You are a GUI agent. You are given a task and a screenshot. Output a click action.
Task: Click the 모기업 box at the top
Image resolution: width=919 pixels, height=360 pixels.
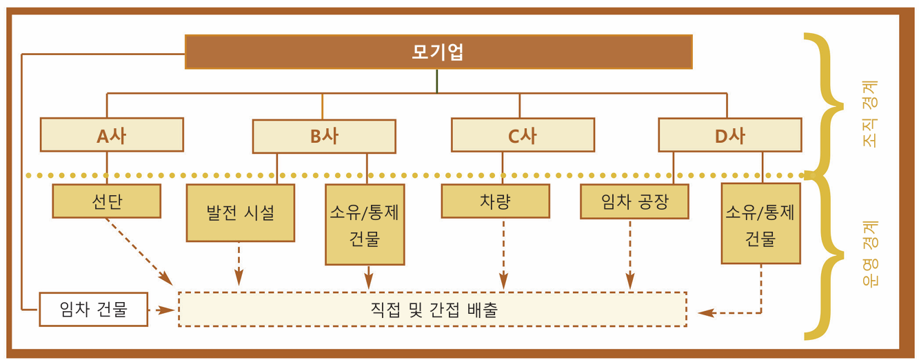(438, 52)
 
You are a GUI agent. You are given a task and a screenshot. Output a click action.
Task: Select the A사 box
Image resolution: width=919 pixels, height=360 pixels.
(112, 134)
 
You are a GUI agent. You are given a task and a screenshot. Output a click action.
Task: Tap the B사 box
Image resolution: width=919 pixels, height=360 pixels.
(324, 136)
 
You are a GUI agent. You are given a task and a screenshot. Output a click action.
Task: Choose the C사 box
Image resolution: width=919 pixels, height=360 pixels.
(523, 134)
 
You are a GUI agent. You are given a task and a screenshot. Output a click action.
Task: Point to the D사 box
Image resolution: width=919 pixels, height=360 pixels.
(730, 135)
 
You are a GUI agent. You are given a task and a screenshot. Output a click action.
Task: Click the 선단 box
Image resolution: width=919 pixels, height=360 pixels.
(107, 201)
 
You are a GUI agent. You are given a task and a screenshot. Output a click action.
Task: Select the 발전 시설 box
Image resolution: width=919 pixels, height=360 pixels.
(241, 212)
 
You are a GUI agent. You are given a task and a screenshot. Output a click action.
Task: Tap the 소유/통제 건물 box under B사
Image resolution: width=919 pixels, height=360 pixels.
(365, 225)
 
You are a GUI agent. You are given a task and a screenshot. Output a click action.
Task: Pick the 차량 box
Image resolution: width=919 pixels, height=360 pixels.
(496, 201)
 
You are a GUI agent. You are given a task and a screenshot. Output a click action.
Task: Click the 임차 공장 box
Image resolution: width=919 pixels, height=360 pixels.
(634, 201)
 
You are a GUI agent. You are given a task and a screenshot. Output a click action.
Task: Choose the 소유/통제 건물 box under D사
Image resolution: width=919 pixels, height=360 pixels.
(761, 223)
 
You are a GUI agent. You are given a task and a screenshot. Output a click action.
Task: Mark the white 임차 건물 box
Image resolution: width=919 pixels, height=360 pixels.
(94, 310)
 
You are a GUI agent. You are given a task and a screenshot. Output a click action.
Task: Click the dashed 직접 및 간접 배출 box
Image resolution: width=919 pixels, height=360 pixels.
(433, 309)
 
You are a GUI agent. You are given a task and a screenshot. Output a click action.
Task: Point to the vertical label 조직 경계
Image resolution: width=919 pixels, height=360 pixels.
(870, 114)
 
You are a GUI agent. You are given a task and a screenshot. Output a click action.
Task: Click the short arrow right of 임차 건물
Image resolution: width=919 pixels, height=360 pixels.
(161, 310)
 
